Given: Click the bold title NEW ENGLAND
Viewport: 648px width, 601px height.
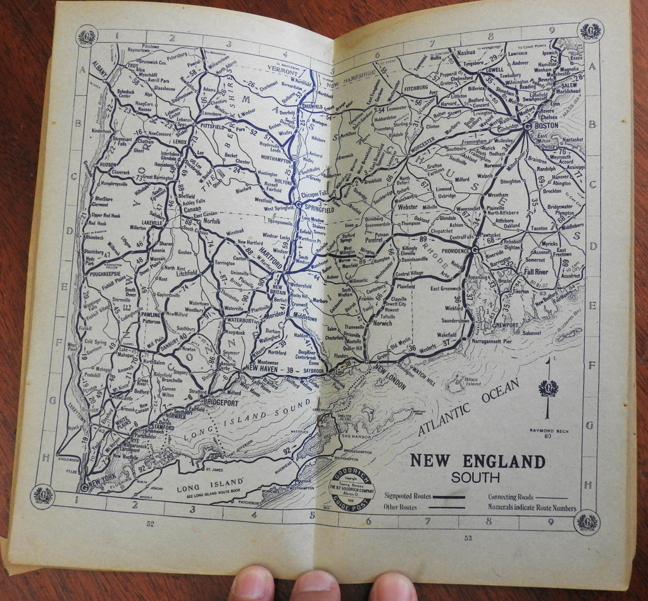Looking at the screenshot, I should click(477, 461).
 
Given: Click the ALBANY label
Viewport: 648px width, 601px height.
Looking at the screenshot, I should click(100, 65).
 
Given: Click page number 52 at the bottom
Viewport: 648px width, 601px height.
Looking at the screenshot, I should click(150, 524).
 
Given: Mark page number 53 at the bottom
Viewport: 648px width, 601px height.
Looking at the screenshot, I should click(468, 538).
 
